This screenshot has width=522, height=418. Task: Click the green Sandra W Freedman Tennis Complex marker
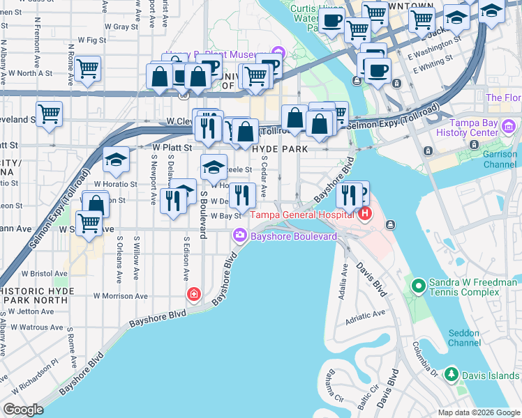click(x=418, y=286)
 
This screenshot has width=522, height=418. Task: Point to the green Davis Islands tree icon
click(x=452, y=375)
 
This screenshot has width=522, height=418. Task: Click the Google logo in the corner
click(x=23, y=410)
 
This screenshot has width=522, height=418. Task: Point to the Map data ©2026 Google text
click(x=479, y=412)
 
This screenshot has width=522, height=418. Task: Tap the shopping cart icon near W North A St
click(x=89, y=68)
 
